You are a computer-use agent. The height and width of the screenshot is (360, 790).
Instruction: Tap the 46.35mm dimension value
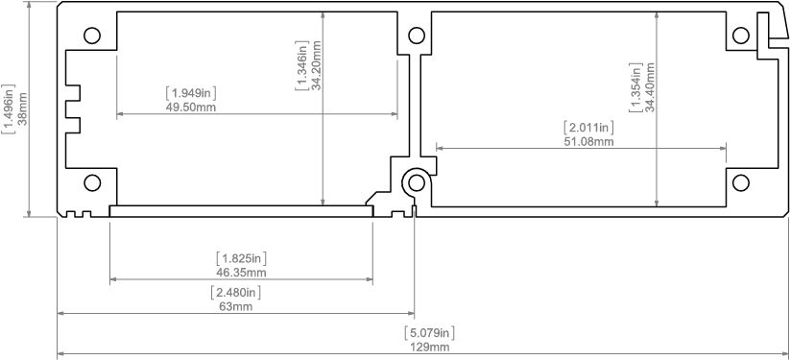pos(241,273)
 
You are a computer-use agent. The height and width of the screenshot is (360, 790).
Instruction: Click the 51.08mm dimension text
pos(588,141)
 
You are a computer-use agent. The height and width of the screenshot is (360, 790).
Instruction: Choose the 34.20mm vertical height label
pos(317,64)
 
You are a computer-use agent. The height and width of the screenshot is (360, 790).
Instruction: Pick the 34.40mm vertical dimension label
pos(649,87)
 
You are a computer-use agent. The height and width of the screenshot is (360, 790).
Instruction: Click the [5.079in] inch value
pos(430,333)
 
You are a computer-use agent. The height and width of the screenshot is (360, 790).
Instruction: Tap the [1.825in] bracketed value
pos(241,258)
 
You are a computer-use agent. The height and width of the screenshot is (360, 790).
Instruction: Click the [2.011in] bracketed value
pos(588,127)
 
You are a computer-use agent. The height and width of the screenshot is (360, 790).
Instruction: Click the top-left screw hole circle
pos(92,36)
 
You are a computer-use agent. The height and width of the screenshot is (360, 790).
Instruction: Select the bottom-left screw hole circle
pos(92,182)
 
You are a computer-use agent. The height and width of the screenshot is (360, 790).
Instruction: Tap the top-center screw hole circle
pos(417,36)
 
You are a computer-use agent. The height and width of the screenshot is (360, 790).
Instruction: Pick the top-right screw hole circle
pos(741,36)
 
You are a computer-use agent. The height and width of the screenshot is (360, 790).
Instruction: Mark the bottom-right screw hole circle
pos(741,182)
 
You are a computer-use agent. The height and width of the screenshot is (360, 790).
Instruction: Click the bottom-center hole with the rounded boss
pos(417,182)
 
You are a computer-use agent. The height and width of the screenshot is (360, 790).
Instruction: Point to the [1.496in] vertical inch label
pos(9,109)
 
